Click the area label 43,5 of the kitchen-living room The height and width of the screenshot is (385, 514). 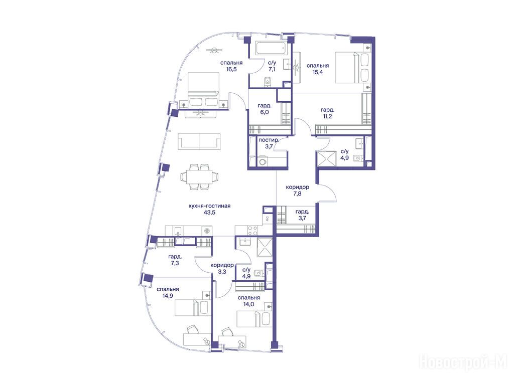[x=209, y=213]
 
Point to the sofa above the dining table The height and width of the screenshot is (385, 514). [x=199, y=141]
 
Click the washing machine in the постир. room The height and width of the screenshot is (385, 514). [x=263, y=162]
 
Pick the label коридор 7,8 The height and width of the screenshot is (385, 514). [x=297, y=190]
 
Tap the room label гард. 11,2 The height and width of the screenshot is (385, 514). [x=327, y=113]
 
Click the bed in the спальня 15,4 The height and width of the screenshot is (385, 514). [x=352, y=68]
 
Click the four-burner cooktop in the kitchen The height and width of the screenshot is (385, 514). [x=253, y=231]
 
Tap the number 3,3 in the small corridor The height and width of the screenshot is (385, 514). [x=222, y=271]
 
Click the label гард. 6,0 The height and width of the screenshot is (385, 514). [x=264, y=109]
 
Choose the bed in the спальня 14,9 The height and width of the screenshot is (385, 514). [x=192, y=308]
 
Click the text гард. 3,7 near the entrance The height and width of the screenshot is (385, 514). [x=302, y=215]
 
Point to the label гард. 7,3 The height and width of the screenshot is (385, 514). [x=175, y=260]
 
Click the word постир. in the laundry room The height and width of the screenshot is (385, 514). [x=269, y=140]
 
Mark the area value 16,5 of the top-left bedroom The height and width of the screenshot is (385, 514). [x=231, y=69]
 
